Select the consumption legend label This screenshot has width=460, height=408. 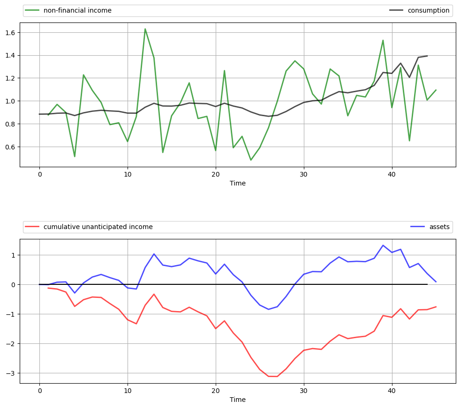coord(428,10)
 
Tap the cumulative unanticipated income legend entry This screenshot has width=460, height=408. coord(98,227)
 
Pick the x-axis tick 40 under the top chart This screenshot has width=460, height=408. coord(392,174)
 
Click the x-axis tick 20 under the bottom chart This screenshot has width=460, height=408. coord(216,391)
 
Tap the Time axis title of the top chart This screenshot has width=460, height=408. coord(238,183)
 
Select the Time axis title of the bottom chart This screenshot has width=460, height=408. coord(238,400)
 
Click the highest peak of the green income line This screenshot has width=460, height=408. coord(145,29)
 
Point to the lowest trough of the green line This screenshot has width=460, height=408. coord(251,160)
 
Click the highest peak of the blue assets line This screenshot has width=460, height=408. coord(383,245)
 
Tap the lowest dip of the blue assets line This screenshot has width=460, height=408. coord(269,309)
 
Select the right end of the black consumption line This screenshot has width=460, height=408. coord(427,56)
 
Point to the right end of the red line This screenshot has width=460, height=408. coord(436,307)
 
